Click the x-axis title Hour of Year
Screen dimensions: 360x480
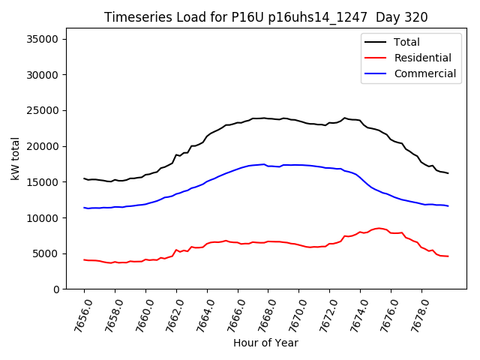click(x=265, y=343)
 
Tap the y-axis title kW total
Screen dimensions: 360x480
click(x=15, y=159)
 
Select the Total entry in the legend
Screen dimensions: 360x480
click(x=406, y=42)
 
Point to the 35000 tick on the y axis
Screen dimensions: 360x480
click(x=46, y=39)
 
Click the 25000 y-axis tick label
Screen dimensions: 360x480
click(x=46, y=110)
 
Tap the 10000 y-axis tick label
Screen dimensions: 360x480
click(x=46, y=218)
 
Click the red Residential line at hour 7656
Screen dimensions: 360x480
click(x=85, y=260)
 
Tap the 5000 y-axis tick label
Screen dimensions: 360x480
click(x=49, y=253)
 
